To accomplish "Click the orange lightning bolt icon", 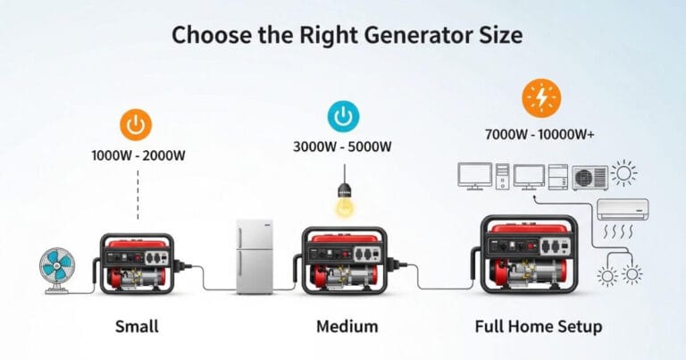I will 540,96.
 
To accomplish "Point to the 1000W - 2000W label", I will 138,155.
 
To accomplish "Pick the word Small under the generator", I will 137,326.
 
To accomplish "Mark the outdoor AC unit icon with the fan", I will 588,175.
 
